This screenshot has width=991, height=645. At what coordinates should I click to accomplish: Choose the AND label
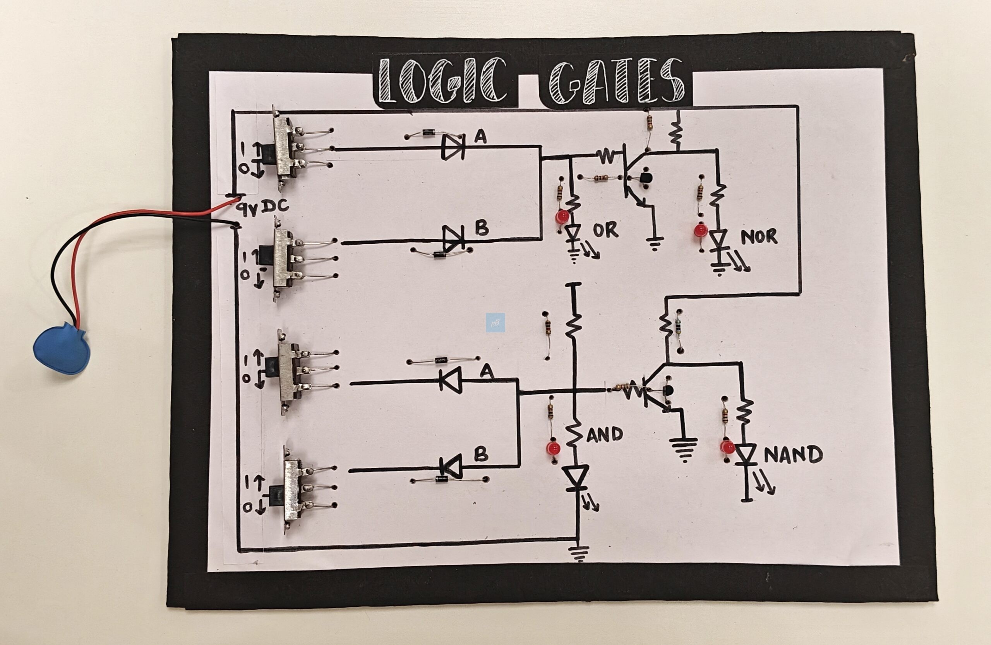click(x=605, y=435)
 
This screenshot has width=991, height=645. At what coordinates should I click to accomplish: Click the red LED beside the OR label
click(x=562, y=216)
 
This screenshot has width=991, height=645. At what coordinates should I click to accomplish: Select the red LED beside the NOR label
click(x=701, y=230)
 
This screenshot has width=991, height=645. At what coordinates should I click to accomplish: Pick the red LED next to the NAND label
click(x=727, y=447)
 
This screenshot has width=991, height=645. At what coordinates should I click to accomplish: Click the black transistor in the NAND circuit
click(x=667, y=391)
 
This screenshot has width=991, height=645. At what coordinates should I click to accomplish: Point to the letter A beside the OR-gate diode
click(x=480, y=137)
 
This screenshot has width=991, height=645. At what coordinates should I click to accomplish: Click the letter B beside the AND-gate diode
click(x=481, y=454)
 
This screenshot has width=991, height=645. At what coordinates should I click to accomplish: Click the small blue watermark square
click(x=495, y=323)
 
